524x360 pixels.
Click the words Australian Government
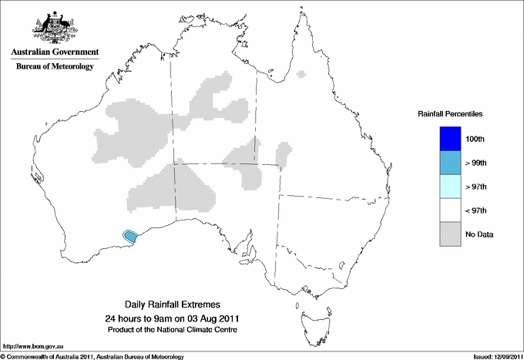[52, 52]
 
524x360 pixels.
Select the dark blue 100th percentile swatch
[450, 139]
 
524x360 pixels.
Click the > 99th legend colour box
[450, 163]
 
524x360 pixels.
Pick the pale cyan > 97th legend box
[450, 187]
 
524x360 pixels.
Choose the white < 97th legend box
[450, 210]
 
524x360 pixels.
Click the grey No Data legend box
[450, 234]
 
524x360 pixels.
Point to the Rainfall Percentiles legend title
[450, 114]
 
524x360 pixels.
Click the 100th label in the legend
[475, 139]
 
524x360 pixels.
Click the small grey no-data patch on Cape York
[301, 74]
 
